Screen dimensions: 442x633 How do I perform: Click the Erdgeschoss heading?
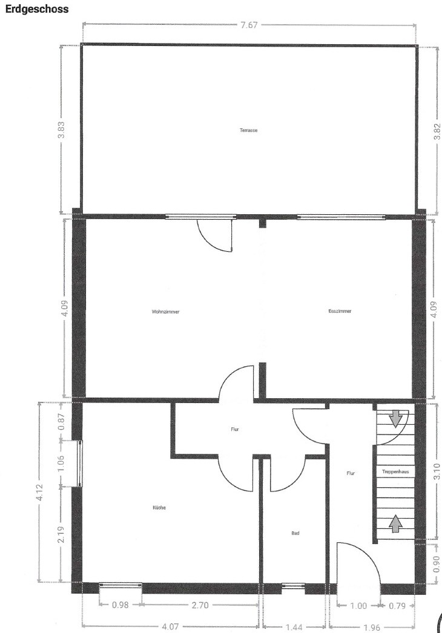click(37, 9)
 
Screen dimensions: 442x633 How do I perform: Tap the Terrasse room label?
click(248, 130)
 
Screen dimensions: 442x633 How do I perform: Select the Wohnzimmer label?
click(166, 312)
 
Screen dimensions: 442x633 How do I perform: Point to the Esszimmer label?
click(340, 311)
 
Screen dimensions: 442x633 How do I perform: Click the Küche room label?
click(159, 508)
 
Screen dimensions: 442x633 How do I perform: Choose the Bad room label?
click(295, 533)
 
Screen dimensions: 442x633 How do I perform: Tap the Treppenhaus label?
click(395, 471)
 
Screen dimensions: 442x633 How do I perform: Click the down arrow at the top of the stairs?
click(395, 419)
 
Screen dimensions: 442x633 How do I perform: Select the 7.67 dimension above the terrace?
click(249, 25)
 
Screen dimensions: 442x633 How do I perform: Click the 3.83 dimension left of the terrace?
click(62, 130)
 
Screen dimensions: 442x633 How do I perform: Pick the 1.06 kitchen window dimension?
click(61, 464)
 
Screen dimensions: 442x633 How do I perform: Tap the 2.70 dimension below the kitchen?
click(200, 605)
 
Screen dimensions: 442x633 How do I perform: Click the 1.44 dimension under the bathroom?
click(294, 627)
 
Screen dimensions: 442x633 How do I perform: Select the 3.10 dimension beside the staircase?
click(437, 471)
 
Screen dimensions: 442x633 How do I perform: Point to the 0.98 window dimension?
click(120, 605)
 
